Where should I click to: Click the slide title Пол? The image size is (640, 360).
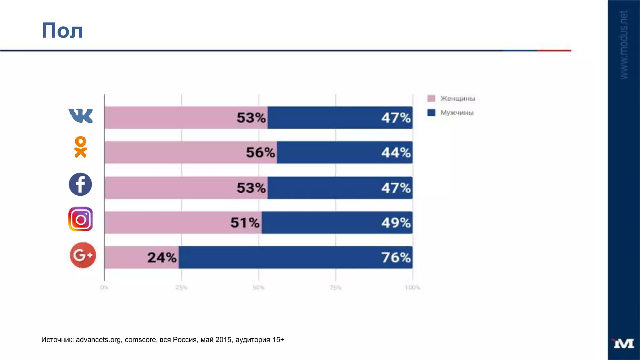tap(62, 31)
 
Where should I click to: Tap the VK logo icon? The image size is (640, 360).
tap(81, 116)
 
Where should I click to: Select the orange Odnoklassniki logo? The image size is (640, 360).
tap(81, 147)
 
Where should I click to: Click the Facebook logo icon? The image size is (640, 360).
tap(80, 184)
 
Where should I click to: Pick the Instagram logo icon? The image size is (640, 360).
tap(80, 219)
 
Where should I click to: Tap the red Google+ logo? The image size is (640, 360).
tap(83, 255)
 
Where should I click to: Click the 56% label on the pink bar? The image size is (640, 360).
tap(260, 152)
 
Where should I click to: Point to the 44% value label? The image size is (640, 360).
tap(396, 152)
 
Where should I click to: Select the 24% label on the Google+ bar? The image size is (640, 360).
tap(162, 257)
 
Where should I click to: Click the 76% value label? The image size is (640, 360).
tap(396, 257)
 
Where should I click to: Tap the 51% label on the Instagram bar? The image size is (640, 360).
tap(245, 223)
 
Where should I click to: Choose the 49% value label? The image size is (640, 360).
tap(396, 223)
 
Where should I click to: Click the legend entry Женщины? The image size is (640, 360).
tap(457, 98)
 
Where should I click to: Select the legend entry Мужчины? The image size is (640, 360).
tap(457, 112)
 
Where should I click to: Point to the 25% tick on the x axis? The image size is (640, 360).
tap(181, 287)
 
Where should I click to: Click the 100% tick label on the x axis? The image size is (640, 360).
tap(412, 287)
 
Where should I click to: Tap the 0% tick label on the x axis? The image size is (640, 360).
tap(104, 287)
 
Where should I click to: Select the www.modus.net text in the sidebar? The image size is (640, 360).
tap(623, 45)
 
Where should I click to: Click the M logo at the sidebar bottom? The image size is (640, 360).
tap(623, 343)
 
